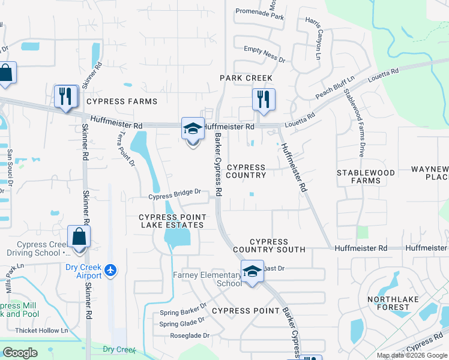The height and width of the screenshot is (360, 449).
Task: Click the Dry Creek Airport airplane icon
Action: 110,271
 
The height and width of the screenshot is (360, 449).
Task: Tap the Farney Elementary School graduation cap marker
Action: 252,272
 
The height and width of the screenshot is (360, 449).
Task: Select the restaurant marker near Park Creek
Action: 262,100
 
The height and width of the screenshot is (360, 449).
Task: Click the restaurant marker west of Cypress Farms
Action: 65,97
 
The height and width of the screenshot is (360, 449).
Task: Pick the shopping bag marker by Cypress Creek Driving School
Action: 79,237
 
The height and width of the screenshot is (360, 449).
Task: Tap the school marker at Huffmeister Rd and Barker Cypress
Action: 193,130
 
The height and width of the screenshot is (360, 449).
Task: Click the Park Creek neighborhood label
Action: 246,78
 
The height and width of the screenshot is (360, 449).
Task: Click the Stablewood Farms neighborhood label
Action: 366,176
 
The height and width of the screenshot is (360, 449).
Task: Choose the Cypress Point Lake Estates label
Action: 172,221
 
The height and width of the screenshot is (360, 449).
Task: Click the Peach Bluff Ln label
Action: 335,89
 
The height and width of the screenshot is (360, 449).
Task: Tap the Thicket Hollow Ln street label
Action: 43,330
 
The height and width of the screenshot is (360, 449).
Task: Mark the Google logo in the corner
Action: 20,353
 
